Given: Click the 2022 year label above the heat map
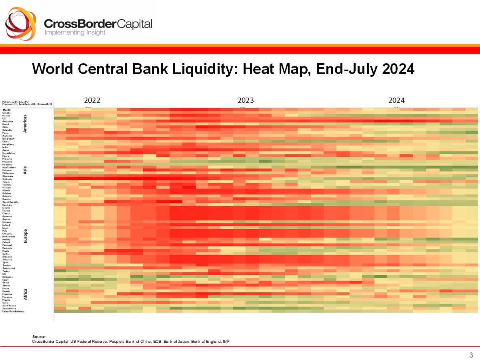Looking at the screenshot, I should [92, 100].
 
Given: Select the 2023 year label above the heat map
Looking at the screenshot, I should [246, 100].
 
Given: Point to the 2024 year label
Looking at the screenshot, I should [396, 100].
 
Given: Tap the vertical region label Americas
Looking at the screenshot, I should [25, 123].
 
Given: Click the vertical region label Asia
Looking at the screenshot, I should [25, 170].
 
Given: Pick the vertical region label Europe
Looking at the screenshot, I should [25, 236].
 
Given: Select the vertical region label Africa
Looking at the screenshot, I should [25, 294].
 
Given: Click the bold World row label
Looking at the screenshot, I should [7, 110].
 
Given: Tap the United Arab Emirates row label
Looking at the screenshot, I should [14, 311].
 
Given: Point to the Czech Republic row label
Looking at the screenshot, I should [11, 202].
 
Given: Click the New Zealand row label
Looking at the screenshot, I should [9, 167].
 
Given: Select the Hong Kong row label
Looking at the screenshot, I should [8, 144].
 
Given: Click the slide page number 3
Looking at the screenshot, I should [471, 355].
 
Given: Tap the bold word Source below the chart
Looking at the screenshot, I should [39, 337].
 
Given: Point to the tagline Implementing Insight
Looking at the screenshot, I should [75, 33].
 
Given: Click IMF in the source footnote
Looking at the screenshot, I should [226, 341].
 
